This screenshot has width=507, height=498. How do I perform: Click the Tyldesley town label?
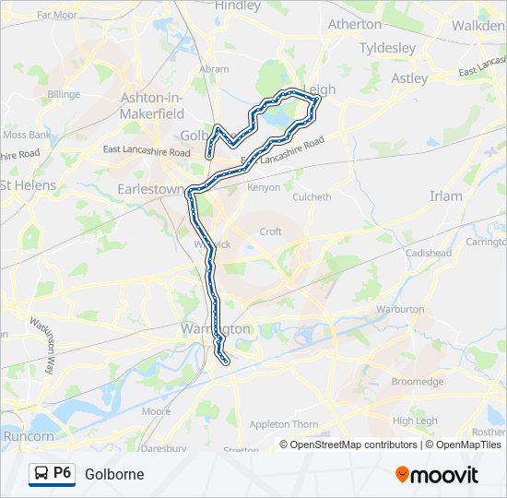(387, 47)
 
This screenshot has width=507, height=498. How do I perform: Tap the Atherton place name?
(354, 24)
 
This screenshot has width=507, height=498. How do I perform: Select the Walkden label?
(478, 26)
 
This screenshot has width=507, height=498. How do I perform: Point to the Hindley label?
(238, 6)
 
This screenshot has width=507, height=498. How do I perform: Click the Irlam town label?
(446, 196)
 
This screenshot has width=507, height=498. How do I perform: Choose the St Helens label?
(28, 185)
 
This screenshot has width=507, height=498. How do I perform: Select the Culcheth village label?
(311, 196)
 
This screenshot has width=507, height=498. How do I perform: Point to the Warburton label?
(400, 309)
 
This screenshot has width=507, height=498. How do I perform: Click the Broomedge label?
(418, 381)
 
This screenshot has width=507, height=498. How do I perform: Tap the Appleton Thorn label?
(284, 424)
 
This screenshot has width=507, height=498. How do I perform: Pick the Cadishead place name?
(429, 253)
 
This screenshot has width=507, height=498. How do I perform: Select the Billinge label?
(64, 94)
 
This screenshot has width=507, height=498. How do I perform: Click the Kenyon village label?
(264, 187)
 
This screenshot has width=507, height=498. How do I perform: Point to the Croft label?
(270, 231)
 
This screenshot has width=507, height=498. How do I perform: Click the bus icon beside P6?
(41, 474)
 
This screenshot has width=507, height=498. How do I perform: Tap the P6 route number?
(63, 473)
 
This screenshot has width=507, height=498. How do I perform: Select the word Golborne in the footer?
(114, 474)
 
